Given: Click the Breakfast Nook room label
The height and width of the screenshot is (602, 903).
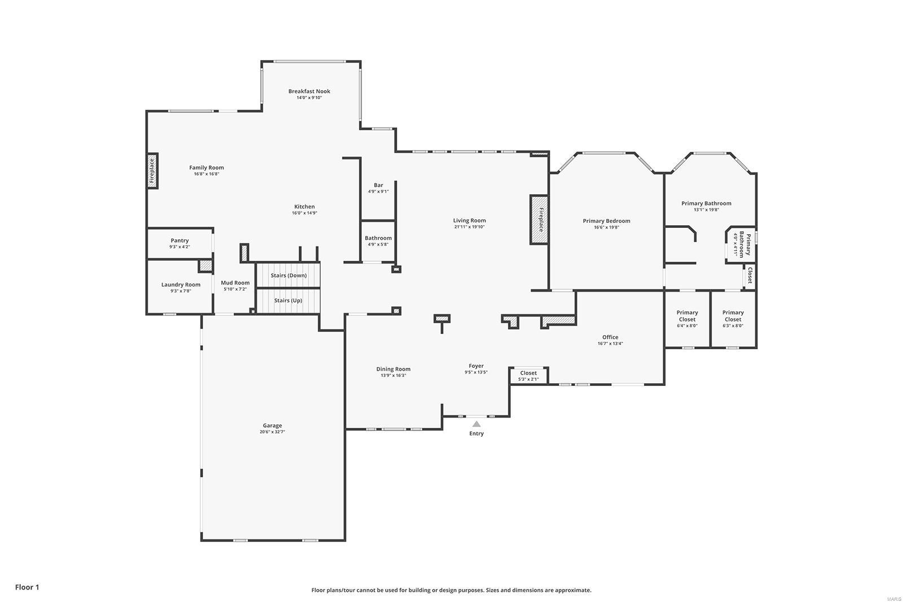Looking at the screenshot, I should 309,91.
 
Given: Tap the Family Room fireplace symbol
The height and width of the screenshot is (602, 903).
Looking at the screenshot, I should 152,171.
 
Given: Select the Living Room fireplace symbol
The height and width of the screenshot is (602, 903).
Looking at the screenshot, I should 539,220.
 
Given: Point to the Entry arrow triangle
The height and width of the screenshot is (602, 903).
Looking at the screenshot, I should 476,424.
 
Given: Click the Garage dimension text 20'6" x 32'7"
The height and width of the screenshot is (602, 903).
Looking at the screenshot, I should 272,432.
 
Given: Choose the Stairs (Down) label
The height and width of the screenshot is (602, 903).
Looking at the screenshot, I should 288,275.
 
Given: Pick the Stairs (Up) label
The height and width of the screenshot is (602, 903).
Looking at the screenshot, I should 288,300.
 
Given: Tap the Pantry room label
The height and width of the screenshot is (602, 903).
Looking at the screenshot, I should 179,240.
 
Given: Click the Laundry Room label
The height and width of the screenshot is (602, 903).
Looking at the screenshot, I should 181,284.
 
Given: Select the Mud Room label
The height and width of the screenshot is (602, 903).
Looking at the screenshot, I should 235,283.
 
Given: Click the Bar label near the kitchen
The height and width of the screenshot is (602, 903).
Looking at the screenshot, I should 378,185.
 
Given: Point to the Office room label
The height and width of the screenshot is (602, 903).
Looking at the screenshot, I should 610,337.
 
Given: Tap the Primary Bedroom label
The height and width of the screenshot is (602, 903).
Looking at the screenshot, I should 606,221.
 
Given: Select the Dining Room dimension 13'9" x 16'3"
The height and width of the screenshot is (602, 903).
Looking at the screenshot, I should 393,376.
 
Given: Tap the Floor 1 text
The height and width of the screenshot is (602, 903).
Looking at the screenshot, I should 27,587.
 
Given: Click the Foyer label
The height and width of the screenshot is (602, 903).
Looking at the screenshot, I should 476,366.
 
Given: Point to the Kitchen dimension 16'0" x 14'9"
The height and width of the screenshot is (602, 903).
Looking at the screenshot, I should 304,213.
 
